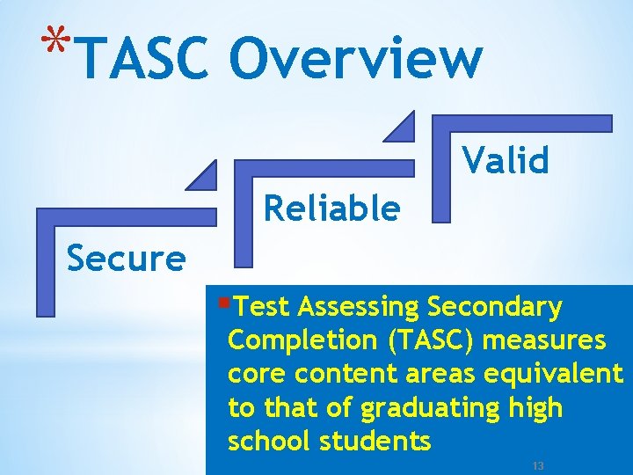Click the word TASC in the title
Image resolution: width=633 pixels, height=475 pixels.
pos(146,58)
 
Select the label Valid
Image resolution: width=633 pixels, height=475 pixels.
pos(506,160)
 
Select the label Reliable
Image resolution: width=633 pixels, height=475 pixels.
pos(331,209)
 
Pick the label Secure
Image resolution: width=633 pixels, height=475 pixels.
pos(127,259)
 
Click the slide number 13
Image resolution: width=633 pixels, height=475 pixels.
pos(538,464)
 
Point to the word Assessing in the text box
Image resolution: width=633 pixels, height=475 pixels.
pos(359,306)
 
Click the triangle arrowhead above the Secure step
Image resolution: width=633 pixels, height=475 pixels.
pos(203,176)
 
